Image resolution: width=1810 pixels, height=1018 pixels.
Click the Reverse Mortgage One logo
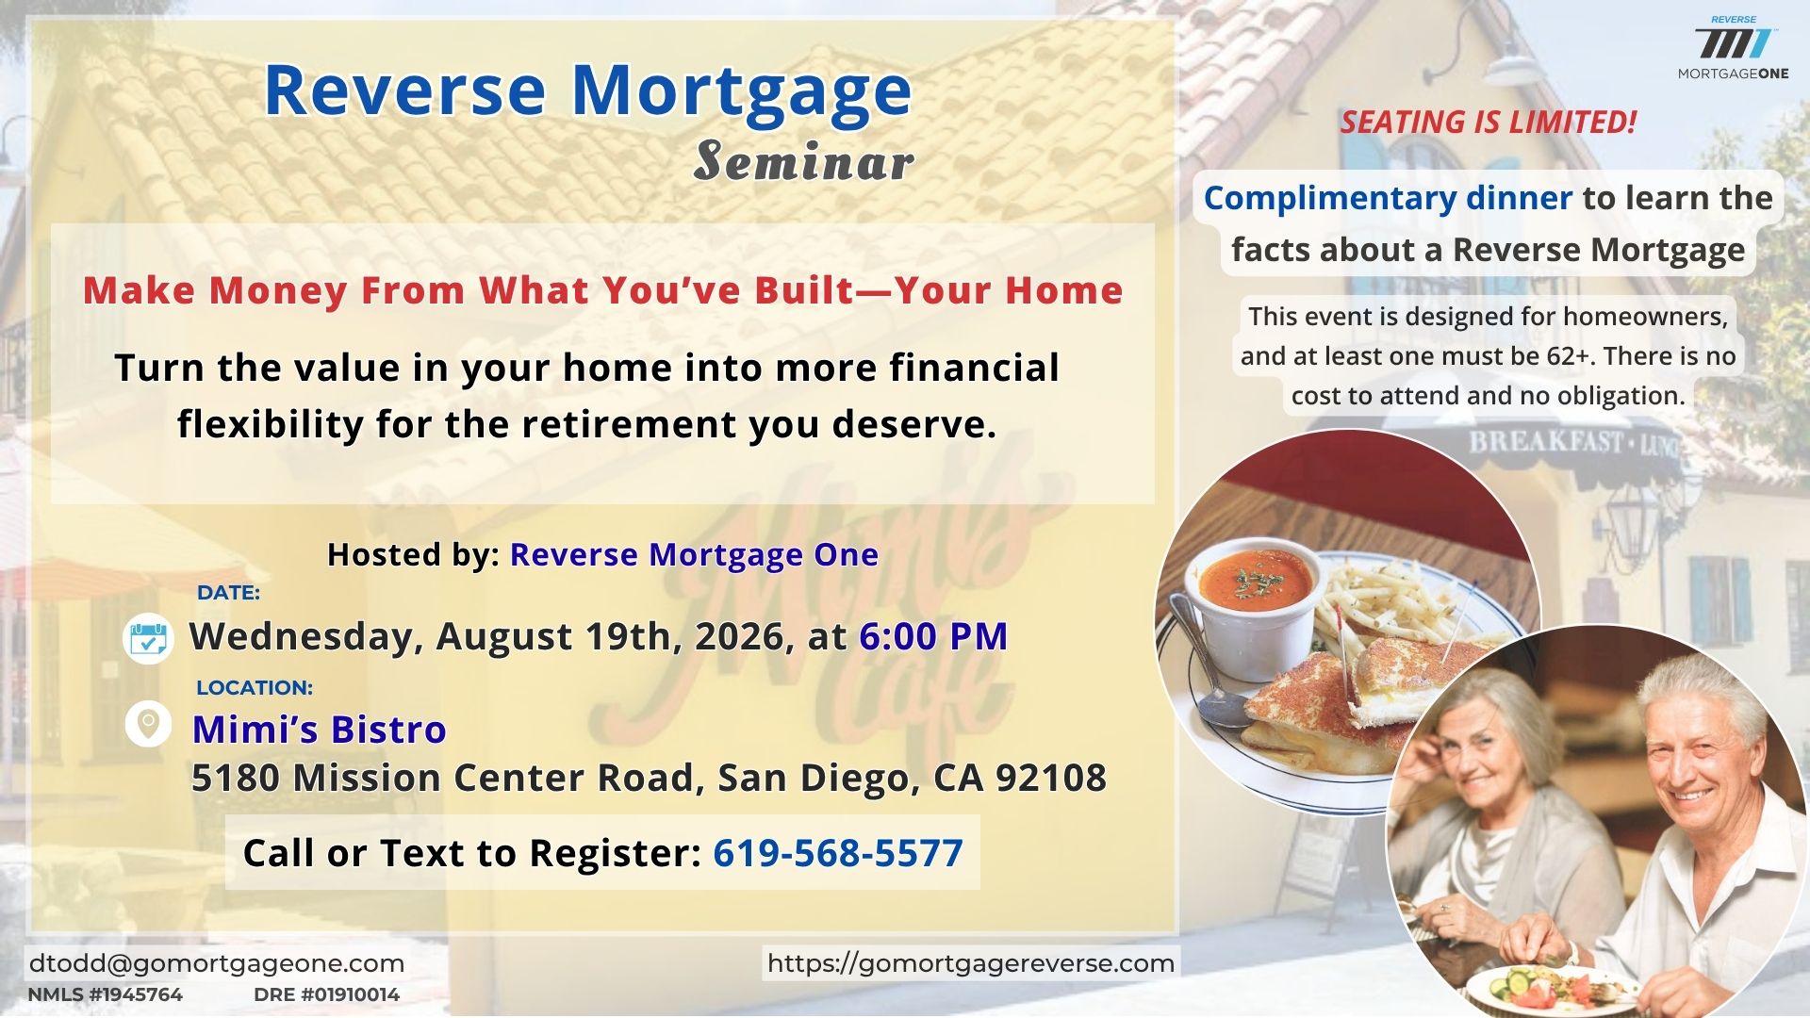pos(1733,48)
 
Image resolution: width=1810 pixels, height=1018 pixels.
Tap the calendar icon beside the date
pos(148,638)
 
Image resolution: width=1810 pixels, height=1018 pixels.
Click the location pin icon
pos(148,724)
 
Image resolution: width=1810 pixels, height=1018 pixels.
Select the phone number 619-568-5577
pos(838,853)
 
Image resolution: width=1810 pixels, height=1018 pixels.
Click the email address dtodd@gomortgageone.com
pos(217,963)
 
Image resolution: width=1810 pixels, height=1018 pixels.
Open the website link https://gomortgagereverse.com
pos(971,963)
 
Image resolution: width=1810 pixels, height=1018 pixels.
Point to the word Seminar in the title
pos(804,161)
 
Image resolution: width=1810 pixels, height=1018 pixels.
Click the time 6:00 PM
pos(933,636)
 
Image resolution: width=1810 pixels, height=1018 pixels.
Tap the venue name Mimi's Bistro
pos(320,730)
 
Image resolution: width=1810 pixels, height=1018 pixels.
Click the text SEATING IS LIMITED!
pos(1489,123)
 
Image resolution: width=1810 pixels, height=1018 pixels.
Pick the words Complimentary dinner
pos(1389,198)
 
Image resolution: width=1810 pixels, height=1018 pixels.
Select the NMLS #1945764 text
pos(106,994)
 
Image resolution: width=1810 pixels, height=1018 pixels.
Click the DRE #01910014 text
pos(327,994)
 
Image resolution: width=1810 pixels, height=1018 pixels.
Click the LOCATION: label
pos(255,688)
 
